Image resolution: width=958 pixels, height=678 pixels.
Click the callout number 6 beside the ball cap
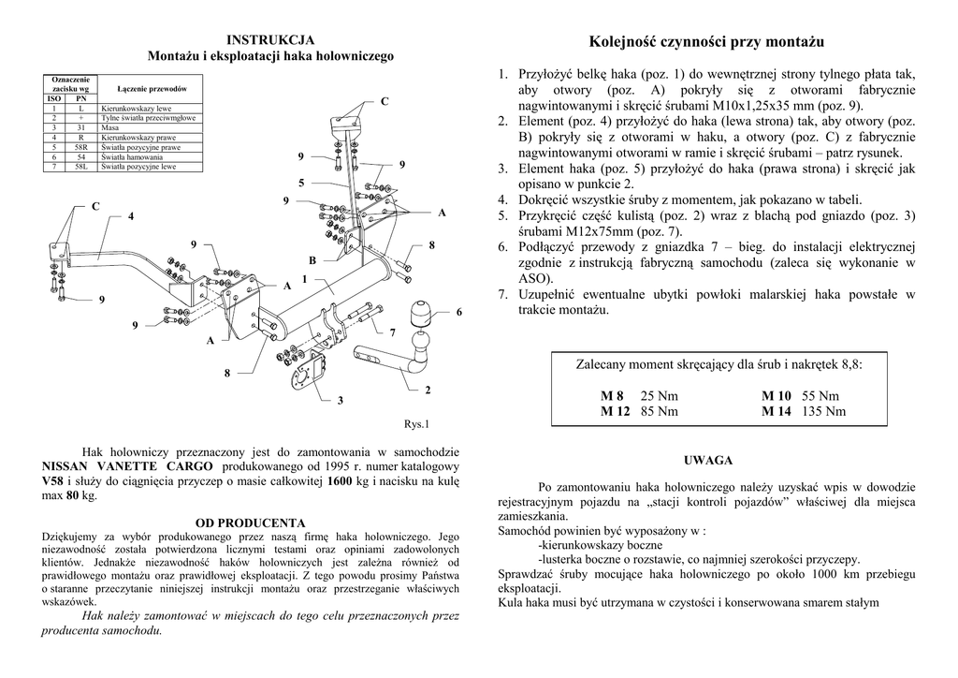click(x=459, y=312)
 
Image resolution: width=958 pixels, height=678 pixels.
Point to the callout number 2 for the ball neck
click(x=428, y=390)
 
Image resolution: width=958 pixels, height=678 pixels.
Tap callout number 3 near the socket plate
click(x=341, y=401)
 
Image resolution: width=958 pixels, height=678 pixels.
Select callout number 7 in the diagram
click(x=393, y=332)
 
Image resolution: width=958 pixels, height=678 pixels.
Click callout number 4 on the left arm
click(x=131, y=217)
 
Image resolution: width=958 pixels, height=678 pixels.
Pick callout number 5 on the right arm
click(x=301, y=182)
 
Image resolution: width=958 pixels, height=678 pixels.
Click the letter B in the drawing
click(x=312, y=259)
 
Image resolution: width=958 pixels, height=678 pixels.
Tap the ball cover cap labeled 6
click(x=421, y=315)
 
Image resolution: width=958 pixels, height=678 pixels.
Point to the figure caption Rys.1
click(x=416, y=423)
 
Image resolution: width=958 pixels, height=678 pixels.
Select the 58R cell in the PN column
click(x=81, y=147)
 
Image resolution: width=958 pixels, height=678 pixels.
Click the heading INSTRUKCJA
click(x=271, y=39)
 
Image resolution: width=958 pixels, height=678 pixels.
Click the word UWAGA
click(x=708, y=460)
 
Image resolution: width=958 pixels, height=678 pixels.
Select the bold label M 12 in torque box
click(x=616, y=410)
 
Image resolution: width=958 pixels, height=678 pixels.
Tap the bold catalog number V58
click(x=53, y=480)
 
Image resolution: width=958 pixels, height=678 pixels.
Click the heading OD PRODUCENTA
click(x=250, y=522)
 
